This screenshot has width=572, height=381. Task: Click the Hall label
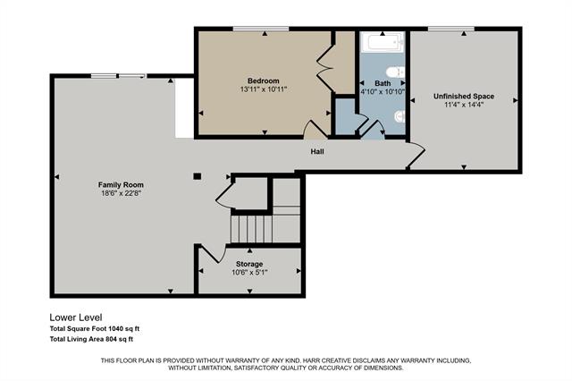(317, 151)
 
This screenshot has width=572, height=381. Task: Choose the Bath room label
(383, 82)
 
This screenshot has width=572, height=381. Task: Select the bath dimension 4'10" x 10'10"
(383, 91)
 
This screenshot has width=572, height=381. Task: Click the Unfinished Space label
(464, 96)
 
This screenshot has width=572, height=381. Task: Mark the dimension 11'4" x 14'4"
(464, 105)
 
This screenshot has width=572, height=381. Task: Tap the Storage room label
(249, 264)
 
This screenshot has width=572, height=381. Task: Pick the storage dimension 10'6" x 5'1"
(249, 273)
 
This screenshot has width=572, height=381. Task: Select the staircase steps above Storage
(251, 229)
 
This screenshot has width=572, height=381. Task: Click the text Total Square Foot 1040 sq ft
(95, 328)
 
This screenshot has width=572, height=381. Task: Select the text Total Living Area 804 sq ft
(91, 339)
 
